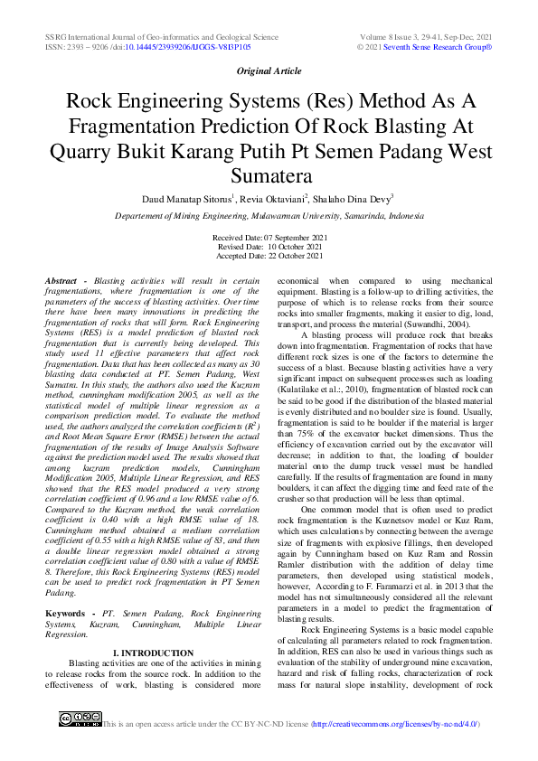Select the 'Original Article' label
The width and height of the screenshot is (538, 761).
(269, 70)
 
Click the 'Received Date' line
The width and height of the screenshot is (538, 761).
(269, 237)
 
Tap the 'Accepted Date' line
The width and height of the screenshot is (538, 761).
(269, 255)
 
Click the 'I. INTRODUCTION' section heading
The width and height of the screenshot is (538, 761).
(153, 653)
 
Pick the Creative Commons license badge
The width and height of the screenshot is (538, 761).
(79, 719)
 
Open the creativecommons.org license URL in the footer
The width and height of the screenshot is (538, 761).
(394, 725)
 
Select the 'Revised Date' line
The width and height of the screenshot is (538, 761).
(269, 246)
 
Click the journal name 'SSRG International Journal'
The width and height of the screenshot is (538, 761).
(109, 36)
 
